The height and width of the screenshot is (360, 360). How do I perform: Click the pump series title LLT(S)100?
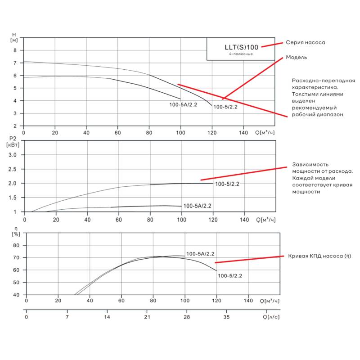pyautogui.click(x=241, y=47)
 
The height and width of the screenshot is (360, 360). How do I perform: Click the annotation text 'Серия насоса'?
pyautogui.click(x=306, y=42)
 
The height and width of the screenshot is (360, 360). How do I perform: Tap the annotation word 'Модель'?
pyautogui.click(x=297, y=58)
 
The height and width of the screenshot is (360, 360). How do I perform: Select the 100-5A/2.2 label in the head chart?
pyautogui.click(x=183, y=105)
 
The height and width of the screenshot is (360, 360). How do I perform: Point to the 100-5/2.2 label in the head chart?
pyautogui.click(x=225, y=107)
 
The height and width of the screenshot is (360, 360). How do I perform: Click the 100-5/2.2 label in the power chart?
pyautogui.click(x=227, y=184)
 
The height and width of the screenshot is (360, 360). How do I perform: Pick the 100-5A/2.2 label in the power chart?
pyautogui.click(x=197, y=206)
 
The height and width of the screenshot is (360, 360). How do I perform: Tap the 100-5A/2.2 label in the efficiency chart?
pyautogui.click(x=200, y=254)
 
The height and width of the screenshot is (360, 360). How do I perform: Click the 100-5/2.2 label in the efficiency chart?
pyautogui.click(x=230, y=276)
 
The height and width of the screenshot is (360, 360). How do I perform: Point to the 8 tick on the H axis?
pyautogui.click(x=15, y=50)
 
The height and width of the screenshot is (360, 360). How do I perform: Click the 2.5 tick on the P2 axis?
pyautogui.click(x=13, y=169)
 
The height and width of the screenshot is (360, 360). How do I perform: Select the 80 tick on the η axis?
pyautogui.click(x=16, y=245)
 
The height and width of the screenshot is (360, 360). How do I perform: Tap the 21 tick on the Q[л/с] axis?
pyautogui.click(x=147, y=317)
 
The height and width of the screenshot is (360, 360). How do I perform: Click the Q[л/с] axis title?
pyautogui.click(x=271, y=317)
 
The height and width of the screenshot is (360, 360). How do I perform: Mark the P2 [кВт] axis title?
pyautogui.click(x=13, y=142)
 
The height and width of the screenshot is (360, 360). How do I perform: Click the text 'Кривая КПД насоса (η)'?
pyautogui.click(x=319, y=256)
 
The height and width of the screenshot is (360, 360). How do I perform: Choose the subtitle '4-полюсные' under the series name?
pyautogui.click(x=241, y=54)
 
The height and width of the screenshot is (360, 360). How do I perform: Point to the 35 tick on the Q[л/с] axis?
pyautogui.click(x=226, y=317)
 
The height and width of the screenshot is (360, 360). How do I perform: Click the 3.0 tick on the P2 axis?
pyautogui.click(x=13, y=155)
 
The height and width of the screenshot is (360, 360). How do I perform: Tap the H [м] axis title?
pyautogui.click(x=14, y=37)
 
